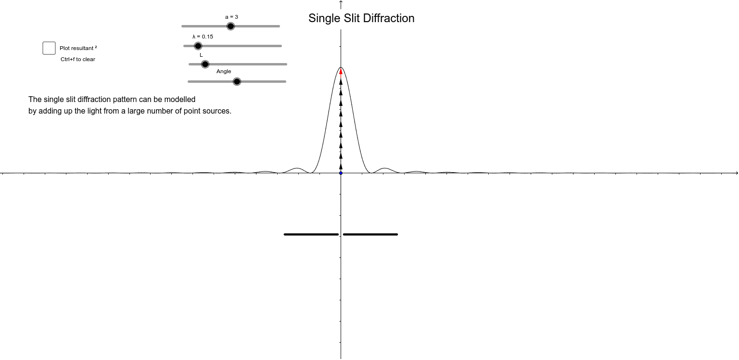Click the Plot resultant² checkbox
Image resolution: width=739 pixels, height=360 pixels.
[x=49, y=48]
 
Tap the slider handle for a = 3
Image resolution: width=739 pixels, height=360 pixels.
[x=230, y=26]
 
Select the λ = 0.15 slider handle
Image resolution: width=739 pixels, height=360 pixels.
[x=198, y=46]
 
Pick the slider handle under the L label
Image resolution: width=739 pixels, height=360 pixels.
[x=205, y=64]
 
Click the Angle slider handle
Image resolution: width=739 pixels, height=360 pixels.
[x=237, y=81]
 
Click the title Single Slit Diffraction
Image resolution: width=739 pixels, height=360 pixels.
[x=361, y=18]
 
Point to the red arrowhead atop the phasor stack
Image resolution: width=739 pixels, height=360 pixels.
[x=341, y=72]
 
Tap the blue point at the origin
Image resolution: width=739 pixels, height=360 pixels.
[x=341, y=173]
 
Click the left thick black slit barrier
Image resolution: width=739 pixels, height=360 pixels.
[x=311, y=234]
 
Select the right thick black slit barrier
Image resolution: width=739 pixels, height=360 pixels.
[x=370, y=234]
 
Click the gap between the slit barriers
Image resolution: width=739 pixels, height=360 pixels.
[x=341, y=234]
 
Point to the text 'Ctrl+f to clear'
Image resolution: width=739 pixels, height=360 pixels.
[x=78, y=59]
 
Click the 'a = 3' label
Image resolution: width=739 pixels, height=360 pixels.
[x=231, y=17]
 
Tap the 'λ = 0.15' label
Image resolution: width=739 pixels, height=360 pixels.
[x=203, y=37]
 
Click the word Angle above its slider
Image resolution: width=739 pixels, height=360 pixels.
[x=224, y=71]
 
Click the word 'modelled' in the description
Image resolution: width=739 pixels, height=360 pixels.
[x=180, y=100]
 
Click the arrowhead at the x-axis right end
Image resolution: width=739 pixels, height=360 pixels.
[x=736, y=172]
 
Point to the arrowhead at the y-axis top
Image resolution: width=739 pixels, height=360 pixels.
[x=341, y=2]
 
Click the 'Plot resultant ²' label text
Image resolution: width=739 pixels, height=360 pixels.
[x=78, y=48]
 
